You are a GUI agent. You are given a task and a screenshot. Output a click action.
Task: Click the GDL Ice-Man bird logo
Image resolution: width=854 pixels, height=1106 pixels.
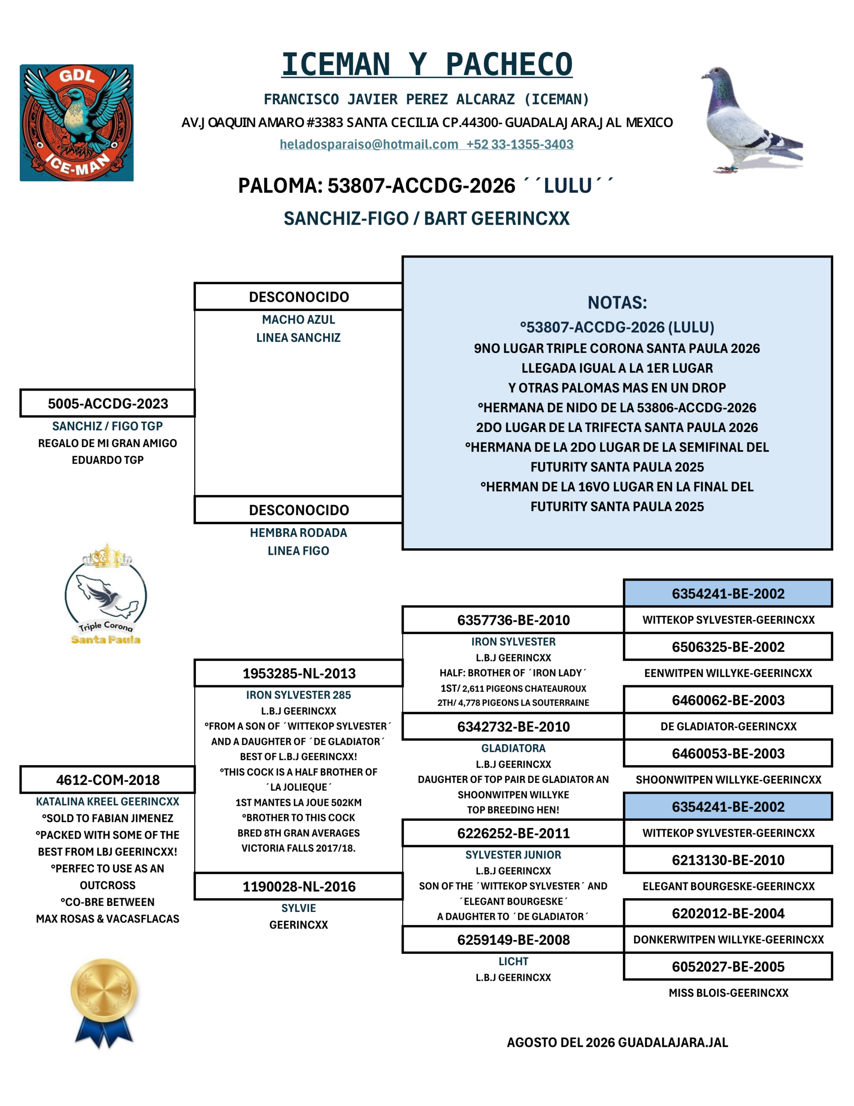[76, 123]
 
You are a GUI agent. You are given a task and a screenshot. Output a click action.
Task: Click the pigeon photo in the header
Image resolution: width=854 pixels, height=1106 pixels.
[751, 120]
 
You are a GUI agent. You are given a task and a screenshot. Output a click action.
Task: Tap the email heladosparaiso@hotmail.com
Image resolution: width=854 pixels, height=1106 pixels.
[369, 144]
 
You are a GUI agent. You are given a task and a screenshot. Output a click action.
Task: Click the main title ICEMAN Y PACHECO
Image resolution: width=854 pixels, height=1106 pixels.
[427, 64]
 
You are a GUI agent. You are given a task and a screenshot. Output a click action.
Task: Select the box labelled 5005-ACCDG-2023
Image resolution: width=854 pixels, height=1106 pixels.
[108, 404]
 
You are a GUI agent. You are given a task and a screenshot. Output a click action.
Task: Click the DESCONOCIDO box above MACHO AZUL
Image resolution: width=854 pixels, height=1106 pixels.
[299, 297]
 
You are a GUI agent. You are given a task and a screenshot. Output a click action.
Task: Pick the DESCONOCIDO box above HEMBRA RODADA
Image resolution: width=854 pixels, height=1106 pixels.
[299, 510]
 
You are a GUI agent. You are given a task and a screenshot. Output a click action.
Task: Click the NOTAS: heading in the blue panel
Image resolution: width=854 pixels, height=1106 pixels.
[617, 302]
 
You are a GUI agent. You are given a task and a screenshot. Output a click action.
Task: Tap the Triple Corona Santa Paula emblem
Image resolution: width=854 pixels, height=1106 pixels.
[106, 594]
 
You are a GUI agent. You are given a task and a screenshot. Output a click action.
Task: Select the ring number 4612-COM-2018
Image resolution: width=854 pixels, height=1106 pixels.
[108, 780]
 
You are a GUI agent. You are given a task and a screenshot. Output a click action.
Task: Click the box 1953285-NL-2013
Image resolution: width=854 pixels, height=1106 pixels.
[299, 674]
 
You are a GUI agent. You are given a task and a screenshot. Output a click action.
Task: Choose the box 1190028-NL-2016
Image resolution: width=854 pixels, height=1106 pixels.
[299, 887]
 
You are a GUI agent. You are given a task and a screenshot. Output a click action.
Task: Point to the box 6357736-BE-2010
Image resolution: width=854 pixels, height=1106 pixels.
[513, 620]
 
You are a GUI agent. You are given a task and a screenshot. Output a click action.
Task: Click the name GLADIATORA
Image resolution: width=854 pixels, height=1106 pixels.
[513, 748]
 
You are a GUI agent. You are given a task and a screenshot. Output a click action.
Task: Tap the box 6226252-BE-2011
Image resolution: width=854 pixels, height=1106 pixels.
[513, 833]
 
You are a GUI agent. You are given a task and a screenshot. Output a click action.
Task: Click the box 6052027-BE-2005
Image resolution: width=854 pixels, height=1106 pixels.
[728, 967]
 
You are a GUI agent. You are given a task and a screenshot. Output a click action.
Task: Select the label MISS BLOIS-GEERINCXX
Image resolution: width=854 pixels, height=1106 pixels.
[728, 993]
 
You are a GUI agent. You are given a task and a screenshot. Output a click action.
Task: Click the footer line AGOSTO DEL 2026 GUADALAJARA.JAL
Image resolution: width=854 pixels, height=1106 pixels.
[617, 1042]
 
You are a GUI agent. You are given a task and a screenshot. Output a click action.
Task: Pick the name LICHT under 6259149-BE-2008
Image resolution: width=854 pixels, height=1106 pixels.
[513, 962]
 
